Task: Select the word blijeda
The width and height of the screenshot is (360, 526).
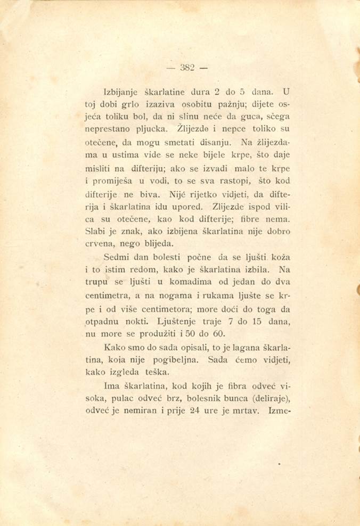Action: (x=159, y=244)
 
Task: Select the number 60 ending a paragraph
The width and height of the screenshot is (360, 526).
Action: (x=219, y=334)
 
